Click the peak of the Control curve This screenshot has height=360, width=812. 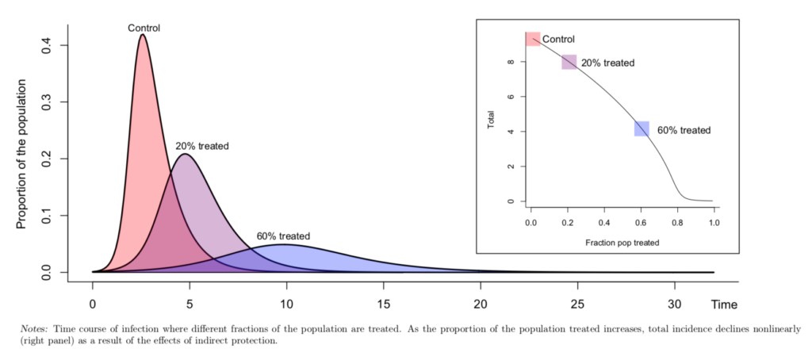pyautogui.click(x=142, y=35)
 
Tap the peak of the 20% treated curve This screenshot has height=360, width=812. pyautogui.click(x=186, y=155)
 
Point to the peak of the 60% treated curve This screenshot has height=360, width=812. pyautogui.click(x=282, y=245)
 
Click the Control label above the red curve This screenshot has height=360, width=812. pyautogui.click(x=144, y=29)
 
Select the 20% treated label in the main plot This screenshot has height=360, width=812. pyautogui.click(x=202, y=146)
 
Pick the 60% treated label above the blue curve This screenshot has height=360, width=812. pyautogui.click(x=283, y=236)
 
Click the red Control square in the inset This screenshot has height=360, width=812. pyautogui.click(x=533, y=39)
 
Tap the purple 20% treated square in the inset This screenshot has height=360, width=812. pyautogui.click(x=569, y=62)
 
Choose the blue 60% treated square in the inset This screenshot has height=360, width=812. pyautogui.click(x=642, y=128)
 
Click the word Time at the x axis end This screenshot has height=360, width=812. pyautogui.click(x=724, y=304)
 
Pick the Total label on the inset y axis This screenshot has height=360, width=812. pyautogui.click(x=492, y=120)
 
